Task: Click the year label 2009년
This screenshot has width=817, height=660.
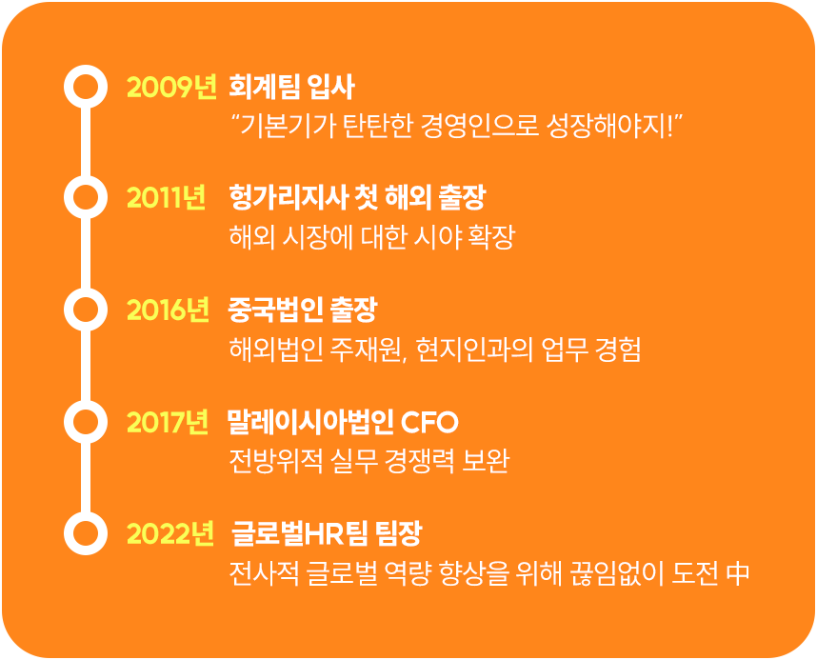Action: point(171,87)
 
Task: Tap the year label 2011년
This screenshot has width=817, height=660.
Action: point(166,198)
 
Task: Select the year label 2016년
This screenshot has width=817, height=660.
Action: point(168,310)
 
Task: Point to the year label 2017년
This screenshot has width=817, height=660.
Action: point(168,422)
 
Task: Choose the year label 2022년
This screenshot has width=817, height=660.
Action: point(169,534)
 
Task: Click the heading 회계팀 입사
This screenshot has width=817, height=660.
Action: point(291,87)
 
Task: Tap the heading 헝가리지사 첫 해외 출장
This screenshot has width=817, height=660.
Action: point(357,198)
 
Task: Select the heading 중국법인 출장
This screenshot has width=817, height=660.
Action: point(303,310)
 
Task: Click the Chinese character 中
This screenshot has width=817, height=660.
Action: point(737,573)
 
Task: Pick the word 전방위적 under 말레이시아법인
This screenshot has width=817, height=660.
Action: point(276,461)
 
